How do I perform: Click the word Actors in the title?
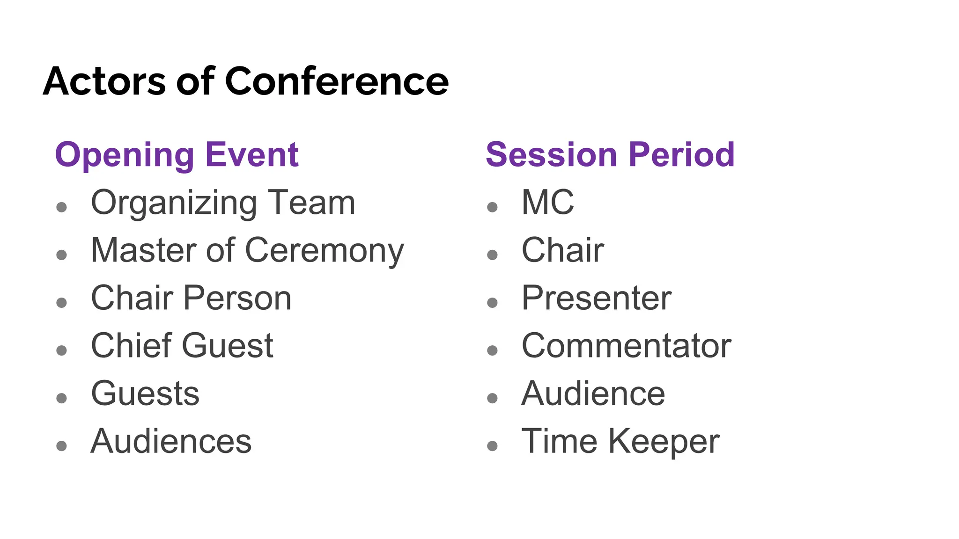tap(104, 81)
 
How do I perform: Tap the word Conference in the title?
tap(337, 81)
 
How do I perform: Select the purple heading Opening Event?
tap(177, 155)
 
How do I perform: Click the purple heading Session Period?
tap(610, 155)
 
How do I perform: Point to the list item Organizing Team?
tap(223, 203)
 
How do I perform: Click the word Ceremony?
tap(324, 251)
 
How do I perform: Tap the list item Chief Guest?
tap(182, 346)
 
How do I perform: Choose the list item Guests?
tap(145, 393)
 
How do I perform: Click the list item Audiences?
tap(171, 441)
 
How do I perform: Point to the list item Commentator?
tap(627, 346)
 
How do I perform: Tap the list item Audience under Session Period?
tap(593, 393)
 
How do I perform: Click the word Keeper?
tap(664, 441)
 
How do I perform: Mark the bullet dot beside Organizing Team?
tap(61, 207)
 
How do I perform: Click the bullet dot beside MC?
tap(492, 207)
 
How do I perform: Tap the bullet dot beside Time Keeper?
tap(492, 446)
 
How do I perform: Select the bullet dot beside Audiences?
tap(61, 446)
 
